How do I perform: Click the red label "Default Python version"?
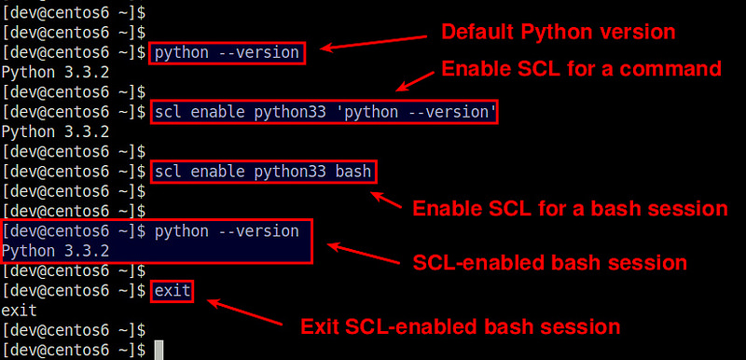557,32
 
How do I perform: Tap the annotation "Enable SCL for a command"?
581,68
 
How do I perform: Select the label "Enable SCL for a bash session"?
569,207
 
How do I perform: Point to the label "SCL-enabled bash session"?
549,262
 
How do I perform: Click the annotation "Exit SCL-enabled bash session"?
460,326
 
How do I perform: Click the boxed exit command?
173,291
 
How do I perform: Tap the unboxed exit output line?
18,311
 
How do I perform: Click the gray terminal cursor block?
159,350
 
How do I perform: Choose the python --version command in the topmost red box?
228,52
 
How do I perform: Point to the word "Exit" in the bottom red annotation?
319,326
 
